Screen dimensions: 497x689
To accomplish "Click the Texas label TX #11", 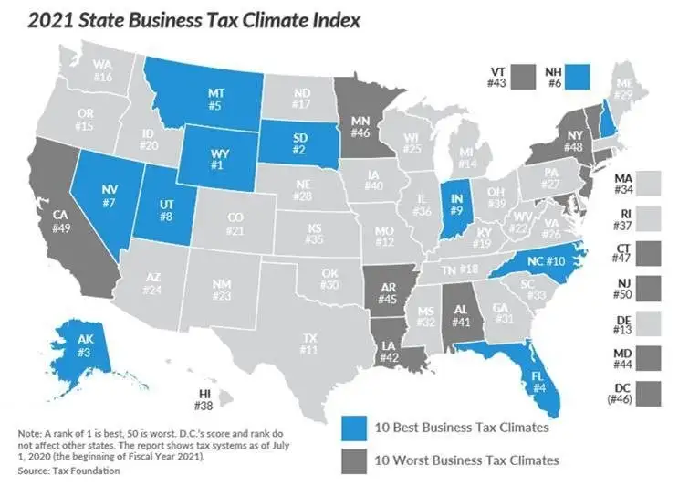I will (309, 344).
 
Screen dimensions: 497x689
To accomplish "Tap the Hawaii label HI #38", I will (208, 399).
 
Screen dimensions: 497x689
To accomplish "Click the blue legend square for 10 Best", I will (356, 428).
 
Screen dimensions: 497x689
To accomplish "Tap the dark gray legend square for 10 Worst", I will (356, 459).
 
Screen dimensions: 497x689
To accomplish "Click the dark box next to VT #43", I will (525, 73).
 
